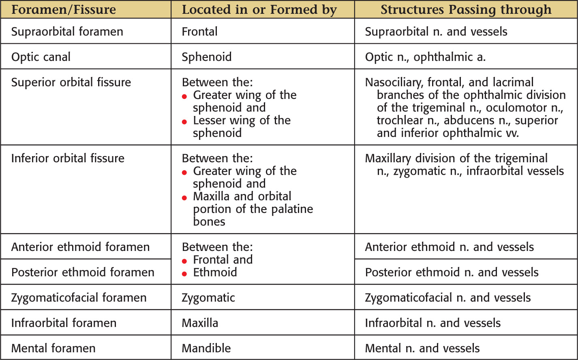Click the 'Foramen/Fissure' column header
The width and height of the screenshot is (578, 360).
click(x=64, y=10)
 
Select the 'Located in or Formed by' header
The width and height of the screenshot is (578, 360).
click(x=259, y=10)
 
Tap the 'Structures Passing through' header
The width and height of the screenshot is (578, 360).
click(x=466, y=10)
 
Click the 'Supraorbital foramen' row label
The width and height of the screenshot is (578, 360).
click(x=67, y=32)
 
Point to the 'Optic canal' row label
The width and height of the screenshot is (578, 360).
click(x=41, y=57)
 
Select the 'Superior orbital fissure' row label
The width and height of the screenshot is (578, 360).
click(x=71, y=82)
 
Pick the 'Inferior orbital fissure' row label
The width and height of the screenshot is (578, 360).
click(x=68, y=158)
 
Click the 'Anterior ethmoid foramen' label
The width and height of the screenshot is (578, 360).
click(x=80, y=247)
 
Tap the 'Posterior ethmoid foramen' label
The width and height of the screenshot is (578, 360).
click(x=83, y=272)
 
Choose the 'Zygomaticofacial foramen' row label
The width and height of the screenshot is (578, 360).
click(x=79, y=298)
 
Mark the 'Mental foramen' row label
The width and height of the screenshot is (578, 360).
click(x=54, y=348)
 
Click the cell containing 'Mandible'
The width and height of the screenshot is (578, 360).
click(x=206, y=348)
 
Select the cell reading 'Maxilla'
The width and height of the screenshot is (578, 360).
click(x=200, y=323)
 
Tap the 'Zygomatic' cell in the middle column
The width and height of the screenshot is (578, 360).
click(x=208, y=298)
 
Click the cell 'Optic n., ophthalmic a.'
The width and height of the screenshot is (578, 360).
click(x=425, y=57)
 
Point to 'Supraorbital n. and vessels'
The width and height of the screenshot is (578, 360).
click(x=436, y=32)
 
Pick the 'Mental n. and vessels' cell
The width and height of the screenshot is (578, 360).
click(x=422, y=348)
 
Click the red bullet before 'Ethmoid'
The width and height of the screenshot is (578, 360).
click(x=185, y=274)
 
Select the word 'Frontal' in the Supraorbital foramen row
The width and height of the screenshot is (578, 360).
click(x=199, y=32)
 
